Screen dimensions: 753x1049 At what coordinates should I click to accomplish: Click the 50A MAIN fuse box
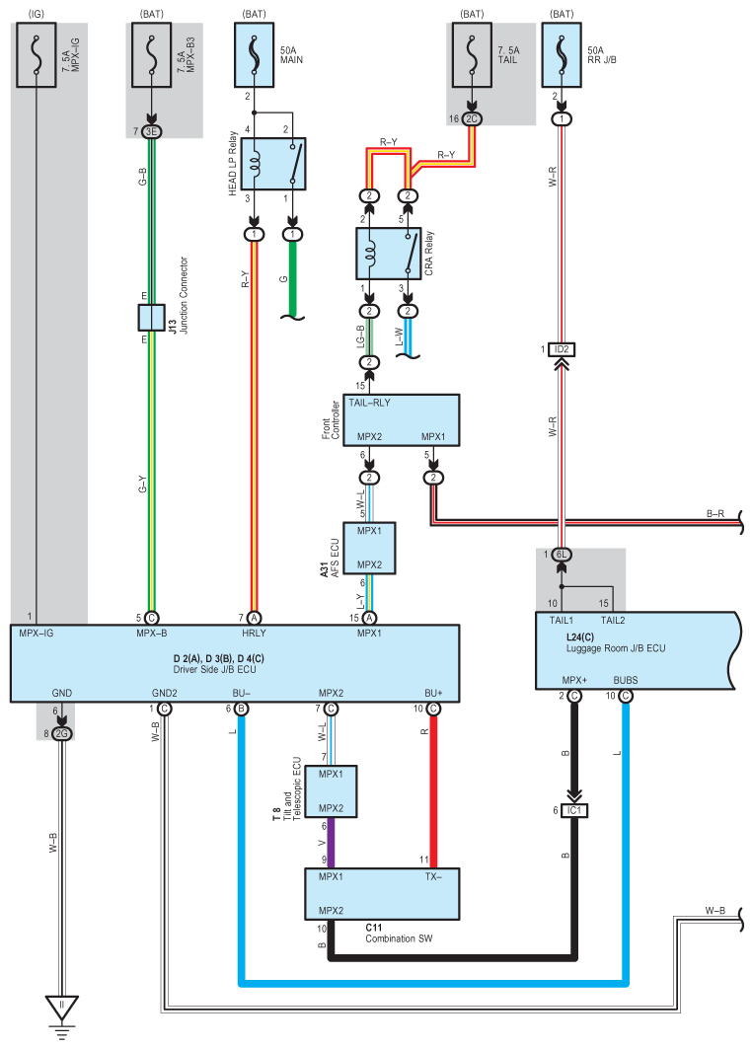(x=254, y=55)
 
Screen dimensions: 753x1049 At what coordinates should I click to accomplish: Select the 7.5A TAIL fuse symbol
(x=472, y=55)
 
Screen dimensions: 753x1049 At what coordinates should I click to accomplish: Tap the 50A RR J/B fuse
(x=562, y=55)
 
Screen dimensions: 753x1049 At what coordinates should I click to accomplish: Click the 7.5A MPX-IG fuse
(x=37, y=55)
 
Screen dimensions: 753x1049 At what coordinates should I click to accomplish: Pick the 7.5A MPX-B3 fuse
(x=151, y=55)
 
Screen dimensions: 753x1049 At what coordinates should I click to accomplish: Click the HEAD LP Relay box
(x=273, y=164)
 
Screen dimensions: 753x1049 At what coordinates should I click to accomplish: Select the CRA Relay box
(x=388, y=254)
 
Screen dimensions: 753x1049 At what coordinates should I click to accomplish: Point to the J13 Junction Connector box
(x=152, y=318)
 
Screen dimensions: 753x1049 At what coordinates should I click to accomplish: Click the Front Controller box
(x=401, y=420)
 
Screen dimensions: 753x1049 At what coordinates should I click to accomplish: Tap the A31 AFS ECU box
(x=369, y=548)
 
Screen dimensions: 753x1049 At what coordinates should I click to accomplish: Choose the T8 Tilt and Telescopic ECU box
(x=331, y=791)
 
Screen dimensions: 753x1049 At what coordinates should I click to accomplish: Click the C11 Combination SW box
(x=382, y=894)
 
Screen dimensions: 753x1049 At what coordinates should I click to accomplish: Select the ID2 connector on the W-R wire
(x=561, y=350)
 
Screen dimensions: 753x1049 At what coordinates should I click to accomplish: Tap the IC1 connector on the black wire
(x=574, y=811)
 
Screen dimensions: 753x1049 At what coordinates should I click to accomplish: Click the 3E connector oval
(x=151, y=132)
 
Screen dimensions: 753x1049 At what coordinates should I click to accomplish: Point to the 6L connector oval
(x=562, y=555)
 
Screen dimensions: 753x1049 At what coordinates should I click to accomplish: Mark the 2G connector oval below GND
(x=61, y=734)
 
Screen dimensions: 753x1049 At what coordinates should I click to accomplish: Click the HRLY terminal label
(x=254, y=633)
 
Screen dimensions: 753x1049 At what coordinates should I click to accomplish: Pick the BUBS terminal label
(x=626, y=680)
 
